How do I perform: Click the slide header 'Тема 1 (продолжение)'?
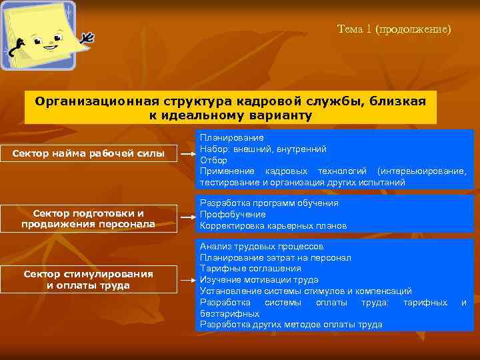pos(394,29)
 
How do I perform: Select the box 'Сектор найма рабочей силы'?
pos(89,154)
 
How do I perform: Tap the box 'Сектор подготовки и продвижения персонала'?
pos(89,219)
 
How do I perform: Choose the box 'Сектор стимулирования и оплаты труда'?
pos(89,279)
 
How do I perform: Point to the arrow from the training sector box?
pos(187,215)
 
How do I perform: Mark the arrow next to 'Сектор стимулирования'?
pos(187,281)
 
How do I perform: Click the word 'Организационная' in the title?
pos(95,101)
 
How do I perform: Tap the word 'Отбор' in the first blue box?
pos(213,160)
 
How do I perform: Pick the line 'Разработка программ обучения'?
pos(269,203)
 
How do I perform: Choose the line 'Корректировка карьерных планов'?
pos(273,225)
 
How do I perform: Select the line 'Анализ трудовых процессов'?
pos(262,246)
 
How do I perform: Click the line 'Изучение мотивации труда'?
pos(259,280)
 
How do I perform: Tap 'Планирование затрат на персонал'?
pos(275,257)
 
